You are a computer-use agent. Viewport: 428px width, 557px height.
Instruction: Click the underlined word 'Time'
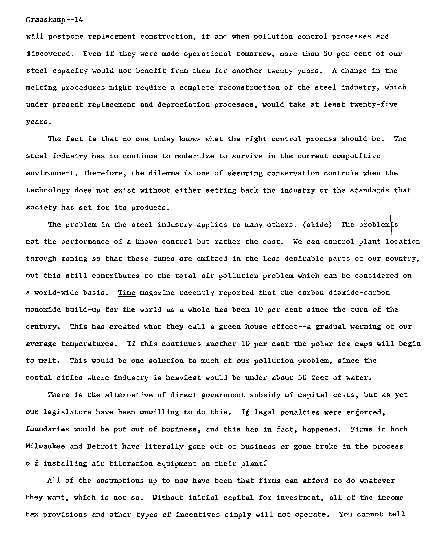(x=127, y=292)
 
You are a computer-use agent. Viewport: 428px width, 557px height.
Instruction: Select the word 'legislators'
(x=67, y=412)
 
